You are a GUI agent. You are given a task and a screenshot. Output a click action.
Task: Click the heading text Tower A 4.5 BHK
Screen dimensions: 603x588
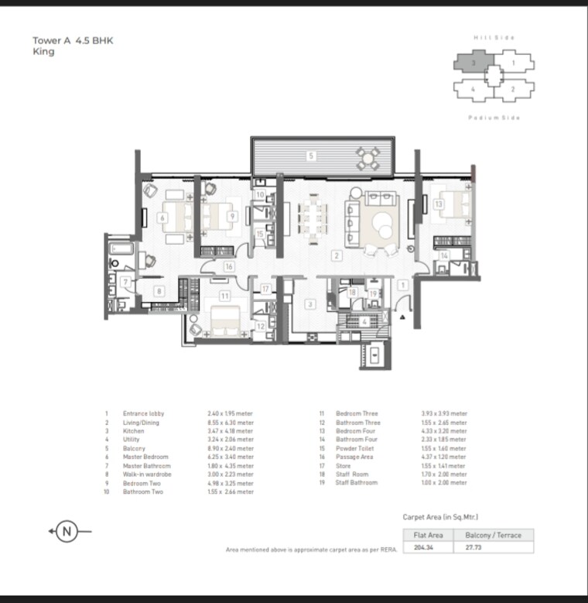(x=73, y=41)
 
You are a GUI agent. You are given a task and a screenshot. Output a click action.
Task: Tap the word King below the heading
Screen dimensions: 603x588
(x=43, y=53)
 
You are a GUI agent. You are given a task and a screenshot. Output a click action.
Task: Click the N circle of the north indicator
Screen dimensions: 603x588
(x=68, y=531)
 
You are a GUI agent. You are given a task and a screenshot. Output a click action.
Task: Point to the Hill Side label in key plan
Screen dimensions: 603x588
(x=494, y=37)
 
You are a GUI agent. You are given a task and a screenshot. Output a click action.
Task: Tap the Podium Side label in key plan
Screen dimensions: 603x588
(x=494, y=118)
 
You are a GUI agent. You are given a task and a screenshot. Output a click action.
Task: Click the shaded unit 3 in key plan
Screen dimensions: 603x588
(x=472, y=61)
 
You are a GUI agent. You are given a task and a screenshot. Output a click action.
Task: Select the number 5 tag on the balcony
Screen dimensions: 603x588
(x=311, y=156)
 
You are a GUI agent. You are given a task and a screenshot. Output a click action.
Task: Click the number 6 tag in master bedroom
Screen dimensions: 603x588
(x=162, y=218)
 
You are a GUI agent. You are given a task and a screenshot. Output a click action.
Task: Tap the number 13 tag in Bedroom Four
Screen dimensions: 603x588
(x=438, y=204)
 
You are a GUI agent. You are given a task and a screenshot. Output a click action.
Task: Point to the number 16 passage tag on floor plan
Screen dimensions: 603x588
(x=229, y=266)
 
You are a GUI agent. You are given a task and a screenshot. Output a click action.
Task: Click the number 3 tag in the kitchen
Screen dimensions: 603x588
(x=310, y=304)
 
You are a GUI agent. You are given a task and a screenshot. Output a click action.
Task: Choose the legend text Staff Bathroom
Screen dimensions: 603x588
(x=357, y=482)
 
